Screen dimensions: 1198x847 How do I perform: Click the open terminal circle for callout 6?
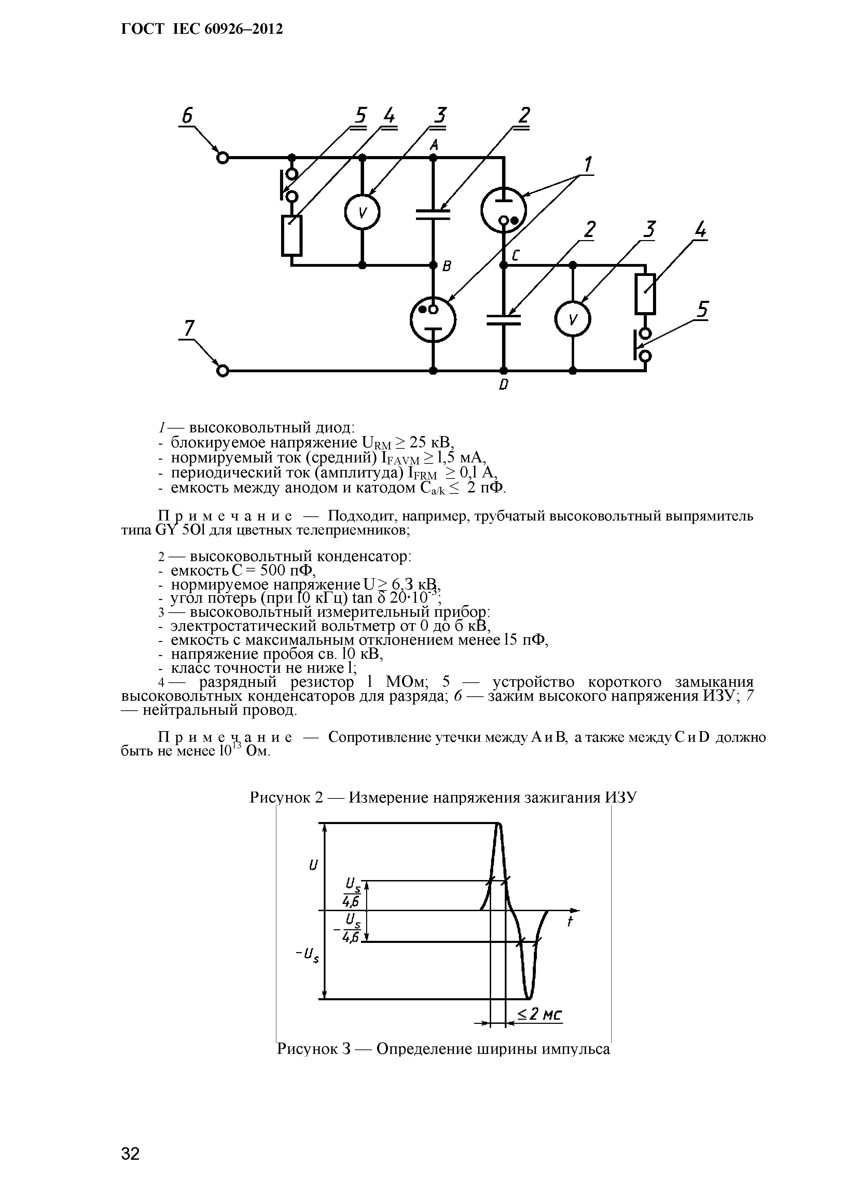(223, 157)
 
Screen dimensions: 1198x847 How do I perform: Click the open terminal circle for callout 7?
(223, 371)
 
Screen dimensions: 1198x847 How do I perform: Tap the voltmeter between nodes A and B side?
(362, 212)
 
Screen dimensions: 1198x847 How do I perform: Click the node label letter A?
(433, 145)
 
